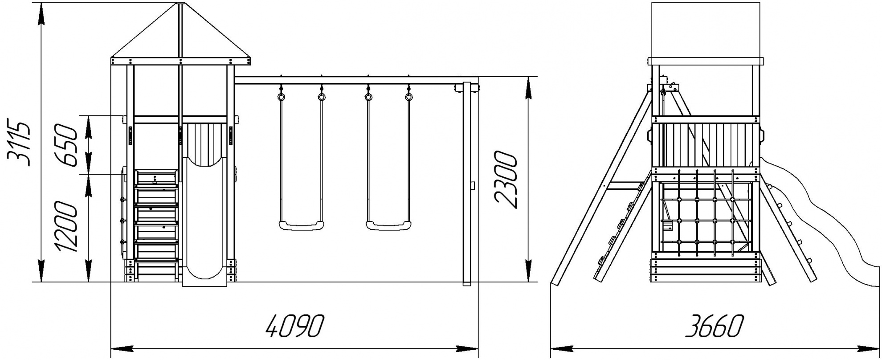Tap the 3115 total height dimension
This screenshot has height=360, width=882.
[18, 143]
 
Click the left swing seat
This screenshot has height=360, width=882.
[302, 225]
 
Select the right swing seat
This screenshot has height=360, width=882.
[388, 225]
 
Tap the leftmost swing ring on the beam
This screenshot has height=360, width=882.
[282, 96]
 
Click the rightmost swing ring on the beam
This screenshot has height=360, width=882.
[409, 96]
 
